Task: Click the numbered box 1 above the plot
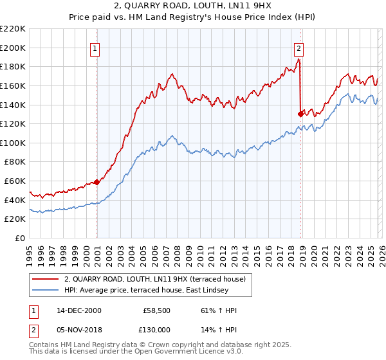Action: click(x=95, y=47)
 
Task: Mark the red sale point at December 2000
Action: click(x=97, y=182)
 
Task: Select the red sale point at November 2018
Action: click(x=300, y=114)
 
